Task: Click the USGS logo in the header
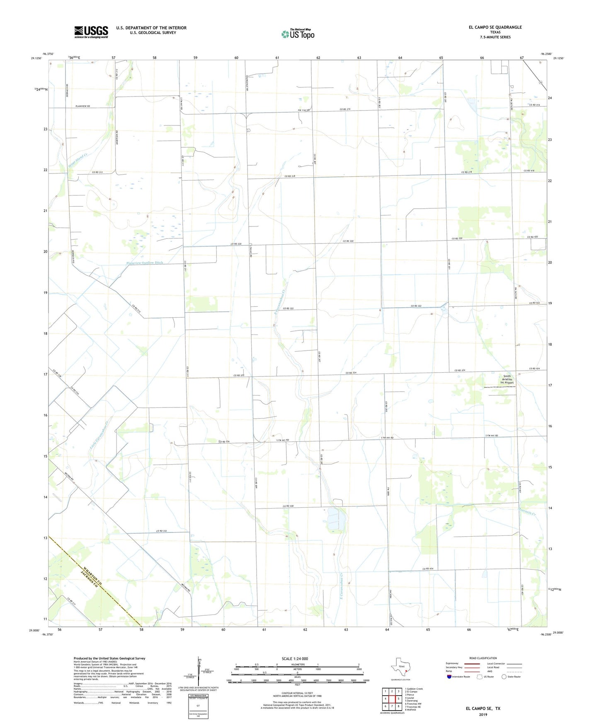[91, 32]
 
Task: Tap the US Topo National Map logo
[298, 34]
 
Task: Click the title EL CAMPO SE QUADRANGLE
[495, 27]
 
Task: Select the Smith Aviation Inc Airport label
[507, 379]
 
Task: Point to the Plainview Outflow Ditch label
[145, 263]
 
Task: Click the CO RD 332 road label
[162, 531]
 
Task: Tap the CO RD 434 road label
[428, 569]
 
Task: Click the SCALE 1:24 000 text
[295, 658]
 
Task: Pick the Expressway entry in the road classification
[452, 663]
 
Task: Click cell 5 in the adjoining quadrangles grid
[398, 699]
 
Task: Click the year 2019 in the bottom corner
[483, 714]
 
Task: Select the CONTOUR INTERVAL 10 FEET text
[297, 693]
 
